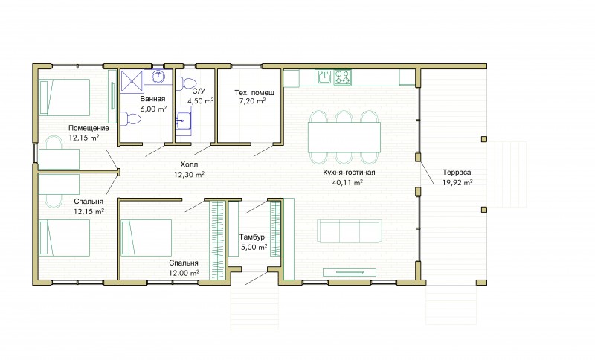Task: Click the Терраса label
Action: tap(457, 173)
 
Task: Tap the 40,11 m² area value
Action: tap(347, 182)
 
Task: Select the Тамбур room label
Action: tap(252, 237)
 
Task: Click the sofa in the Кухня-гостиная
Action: tap(349, 231)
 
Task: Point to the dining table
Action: tap(344, 137)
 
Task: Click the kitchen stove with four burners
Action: tap(342, 77)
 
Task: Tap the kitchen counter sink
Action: tap(325, 77)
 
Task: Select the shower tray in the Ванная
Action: tap(132, 81)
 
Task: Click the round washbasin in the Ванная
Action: tap(158, 77)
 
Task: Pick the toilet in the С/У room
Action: tap(185, 83)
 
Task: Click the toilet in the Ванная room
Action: tap(131, 119)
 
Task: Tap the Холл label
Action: tap(189, 164)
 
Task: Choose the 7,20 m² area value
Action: tap(252, 101)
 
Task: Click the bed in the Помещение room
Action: tap(65, 97)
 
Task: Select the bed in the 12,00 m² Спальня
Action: tap(146, 238)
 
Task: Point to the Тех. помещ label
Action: tap(254, 92)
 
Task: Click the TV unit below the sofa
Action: tap(349, 272)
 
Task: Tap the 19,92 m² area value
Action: tap(457, 182)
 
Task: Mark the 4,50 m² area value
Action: tap(200, 101)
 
